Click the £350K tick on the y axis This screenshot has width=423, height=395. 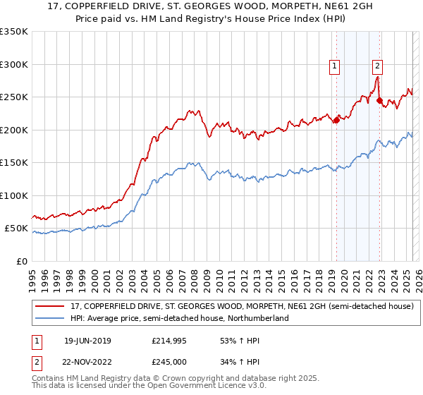[13, 32]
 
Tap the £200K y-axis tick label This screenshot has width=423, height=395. [13, 130]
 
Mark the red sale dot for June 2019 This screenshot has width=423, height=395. [336, 120]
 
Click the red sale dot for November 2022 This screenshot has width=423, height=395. [379, 100]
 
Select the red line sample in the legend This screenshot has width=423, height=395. [49, 306]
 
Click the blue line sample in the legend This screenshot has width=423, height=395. [49, 318]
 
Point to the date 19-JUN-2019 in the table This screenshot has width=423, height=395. [87, 341]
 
